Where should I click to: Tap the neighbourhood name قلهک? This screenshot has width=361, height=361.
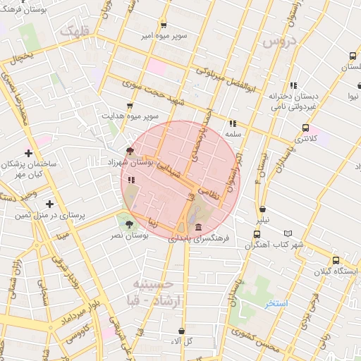[x=76, y=31]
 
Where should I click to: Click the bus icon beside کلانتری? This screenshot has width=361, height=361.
[x=305, y=128]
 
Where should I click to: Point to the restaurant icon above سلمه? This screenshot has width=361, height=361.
[x=233, y=123]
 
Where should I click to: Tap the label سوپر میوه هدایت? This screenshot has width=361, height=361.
[x=130, y=115]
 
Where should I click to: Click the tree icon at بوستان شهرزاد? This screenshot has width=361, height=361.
[x=129, y=150]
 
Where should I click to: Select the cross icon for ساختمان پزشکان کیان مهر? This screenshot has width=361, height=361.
[x=28, y=153]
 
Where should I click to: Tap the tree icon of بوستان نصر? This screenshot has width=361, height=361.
[x=129, y=224]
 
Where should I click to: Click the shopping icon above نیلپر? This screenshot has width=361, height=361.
[x=262, y=209]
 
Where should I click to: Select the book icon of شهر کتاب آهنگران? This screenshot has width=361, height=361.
[x=288, y=233]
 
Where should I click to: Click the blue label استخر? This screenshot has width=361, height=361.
[x=276, y=304]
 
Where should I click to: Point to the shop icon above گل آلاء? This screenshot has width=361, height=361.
[x=182, y=331]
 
